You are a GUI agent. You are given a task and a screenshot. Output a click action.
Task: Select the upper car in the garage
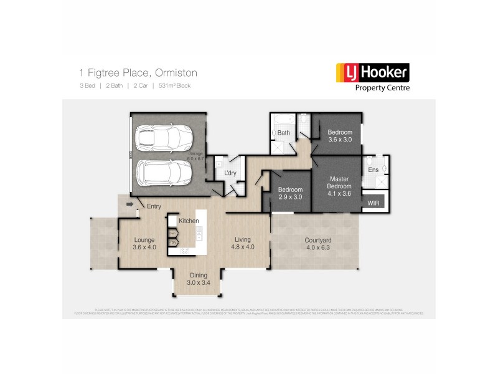(157, 138)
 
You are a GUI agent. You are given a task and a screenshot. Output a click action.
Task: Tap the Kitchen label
(189, 221)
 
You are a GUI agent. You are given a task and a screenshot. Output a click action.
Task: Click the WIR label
(374, 203)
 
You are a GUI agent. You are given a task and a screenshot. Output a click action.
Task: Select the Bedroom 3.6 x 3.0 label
(340, 136)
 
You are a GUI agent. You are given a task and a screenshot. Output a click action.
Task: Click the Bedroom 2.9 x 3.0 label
(290, 193)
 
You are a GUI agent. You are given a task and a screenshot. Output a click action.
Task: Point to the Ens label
(374, 169)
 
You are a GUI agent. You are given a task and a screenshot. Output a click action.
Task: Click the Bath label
(284, 133)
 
